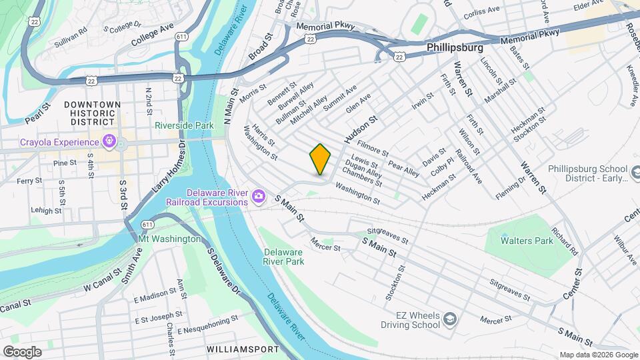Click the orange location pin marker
point(320,159)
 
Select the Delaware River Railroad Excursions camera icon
point(259,197)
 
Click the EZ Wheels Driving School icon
point(450,319)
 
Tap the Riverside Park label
point(183,125)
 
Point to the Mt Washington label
point(169,239)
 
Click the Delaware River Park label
point(283,257)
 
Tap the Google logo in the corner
point(22,352)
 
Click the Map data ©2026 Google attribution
point(597,355)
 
